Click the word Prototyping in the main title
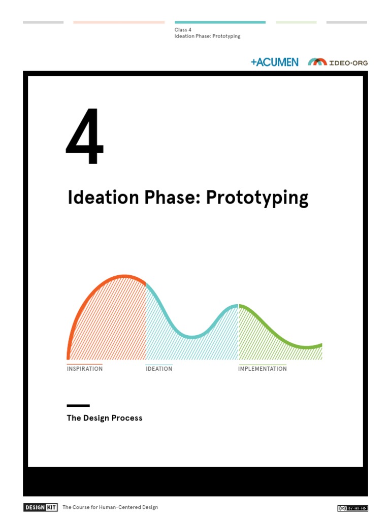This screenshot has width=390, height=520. tap(256, 198)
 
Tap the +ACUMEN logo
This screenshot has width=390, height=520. tap(274, 62)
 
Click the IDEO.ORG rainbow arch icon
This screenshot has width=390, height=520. tap(317, 62)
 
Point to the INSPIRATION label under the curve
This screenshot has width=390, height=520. tap(85, 369)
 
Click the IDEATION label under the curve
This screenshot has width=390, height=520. tap(159, 369)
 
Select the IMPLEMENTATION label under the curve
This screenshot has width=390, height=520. tap(263, 369)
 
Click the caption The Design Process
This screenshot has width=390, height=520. tap(105, 418)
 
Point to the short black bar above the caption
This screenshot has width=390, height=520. tap(78, 406)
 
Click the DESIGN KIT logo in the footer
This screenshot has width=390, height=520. tap(41, 507)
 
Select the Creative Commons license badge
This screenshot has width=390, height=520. tap(352, 508)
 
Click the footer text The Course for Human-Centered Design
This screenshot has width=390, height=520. tap(110, 507)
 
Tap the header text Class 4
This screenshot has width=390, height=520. tap(183, 30)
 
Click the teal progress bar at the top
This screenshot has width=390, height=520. tap(220, 22)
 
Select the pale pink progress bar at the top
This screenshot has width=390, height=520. tap(119, 22)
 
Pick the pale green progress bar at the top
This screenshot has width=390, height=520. tap(296, 22)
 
